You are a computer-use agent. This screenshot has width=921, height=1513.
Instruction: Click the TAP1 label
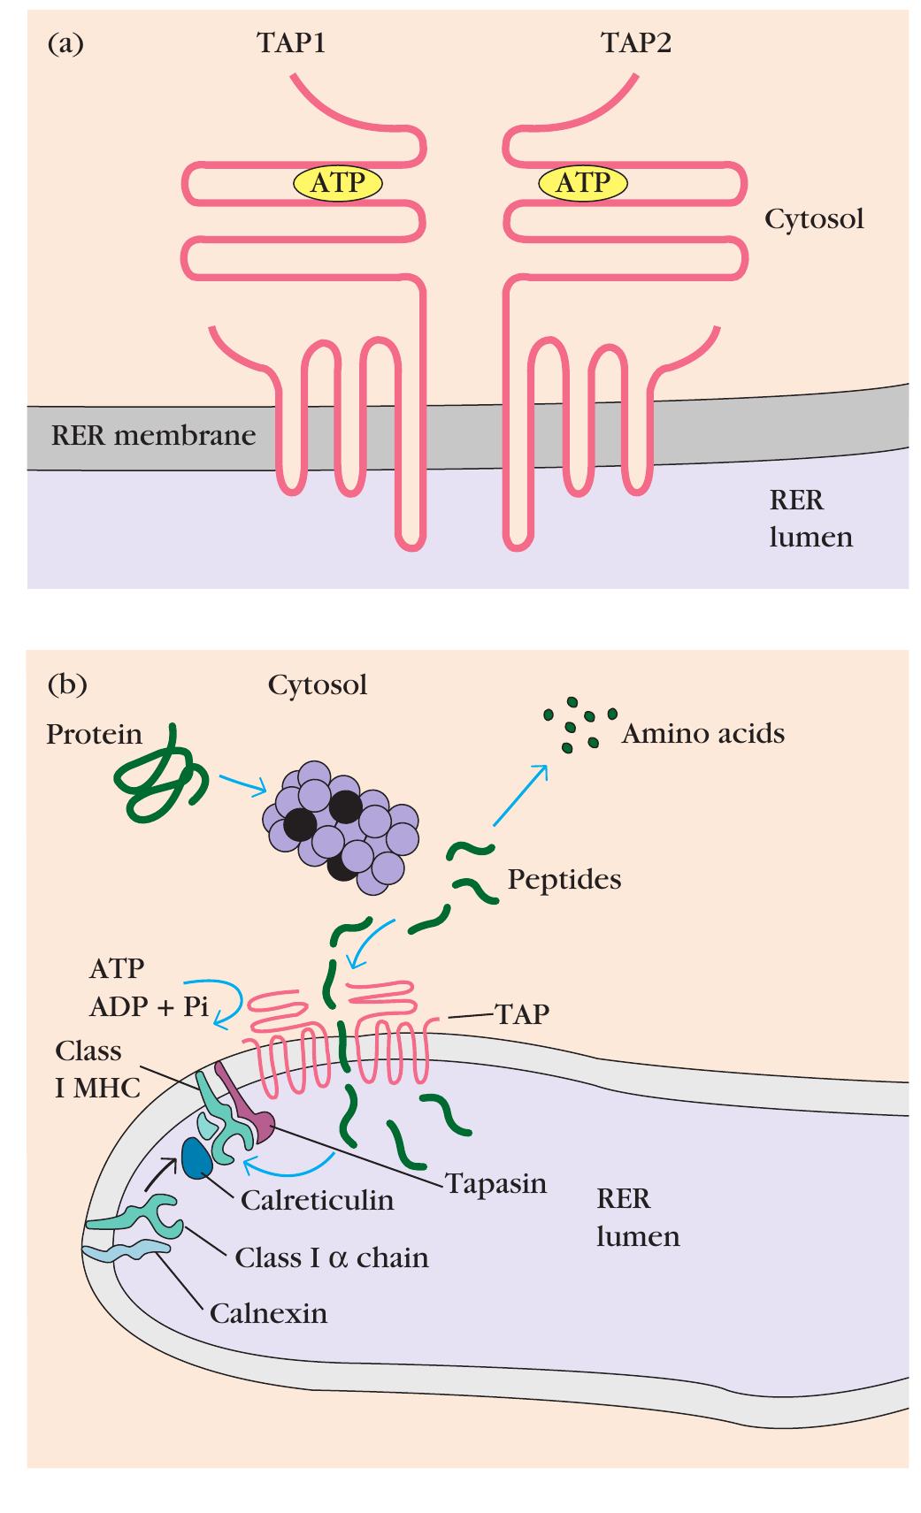[x=291, y=42]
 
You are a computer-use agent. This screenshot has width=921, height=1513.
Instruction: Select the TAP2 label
[x=636, y=42]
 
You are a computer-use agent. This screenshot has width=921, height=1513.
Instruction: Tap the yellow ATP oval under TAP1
[x=338, y=183]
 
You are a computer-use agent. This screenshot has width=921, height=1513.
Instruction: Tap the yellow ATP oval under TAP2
[x=582, y=183]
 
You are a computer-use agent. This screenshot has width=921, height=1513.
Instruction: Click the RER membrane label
[x=153, y=436]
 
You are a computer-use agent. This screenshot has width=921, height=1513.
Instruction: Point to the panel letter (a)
[x=65, y=44]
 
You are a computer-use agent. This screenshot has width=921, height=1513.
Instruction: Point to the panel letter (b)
[x=67, y=684]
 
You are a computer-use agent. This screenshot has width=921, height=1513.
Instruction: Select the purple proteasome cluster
[x=341, y=827]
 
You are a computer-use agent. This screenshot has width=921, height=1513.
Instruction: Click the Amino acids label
[x=703, y=734]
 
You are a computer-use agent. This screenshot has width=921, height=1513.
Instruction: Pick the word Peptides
[x=564, y=880]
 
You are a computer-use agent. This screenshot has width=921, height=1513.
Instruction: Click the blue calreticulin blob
[x=196, y=1158]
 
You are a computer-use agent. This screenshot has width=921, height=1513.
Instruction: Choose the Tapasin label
[x=496, y=1184]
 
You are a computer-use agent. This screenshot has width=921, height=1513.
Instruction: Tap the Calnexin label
[x=268, y=1313]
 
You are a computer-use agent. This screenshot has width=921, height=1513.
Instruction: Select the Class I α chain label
[x=332, y=1257]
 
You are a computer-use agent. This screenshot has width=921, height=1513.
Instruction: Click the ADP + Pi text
[x=149, y=1006]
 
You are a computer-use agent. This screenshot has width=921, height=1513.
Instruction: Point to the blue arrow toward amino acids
[x=519, y=795]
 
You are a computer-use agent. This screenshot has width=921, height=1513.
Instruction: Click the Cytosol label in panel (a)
[x=814, y=218]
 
